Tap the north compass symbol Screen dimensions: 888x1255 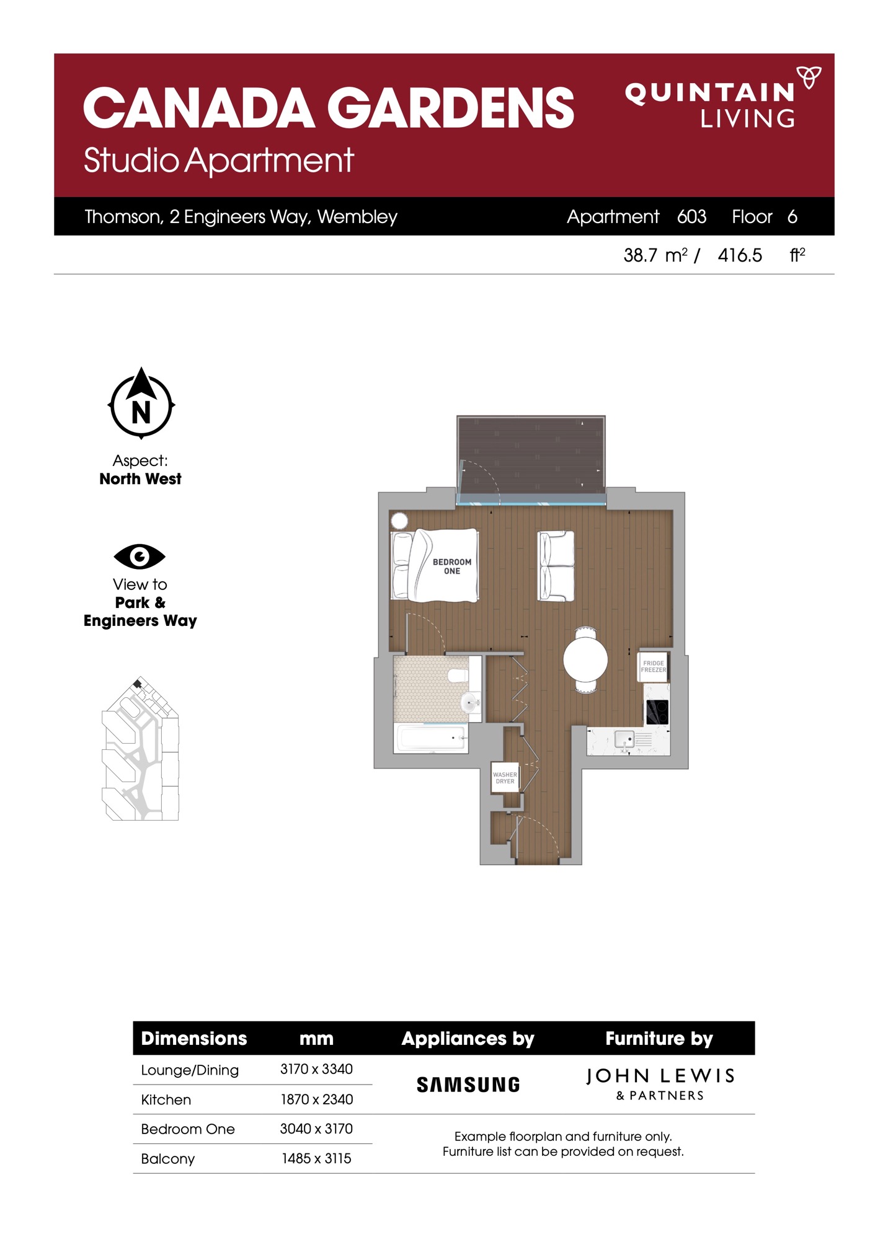(x=141, y=403)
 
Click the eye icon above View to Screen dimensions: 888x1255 (x=140, y=557)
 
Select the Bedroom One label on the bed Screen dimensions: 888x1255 (x=452, y=566)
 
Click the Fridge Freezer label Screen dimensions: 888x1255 (x=654, y=666)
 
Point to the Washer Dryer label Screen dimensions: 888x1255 (x=505, y=778)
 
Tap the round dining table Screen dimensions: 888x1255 (x=585, y=659)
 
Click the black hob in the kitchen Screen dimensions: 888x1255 (x=657, y=712)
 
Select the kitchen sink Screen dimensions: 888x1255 (x=624, y=739)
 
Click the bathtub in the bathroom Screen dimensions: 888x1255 (x=431, y=738)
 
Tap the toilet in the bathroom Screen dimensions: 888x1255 (x=459, y=675)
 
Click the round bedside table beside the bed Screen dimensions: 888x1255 (x=399, y=521)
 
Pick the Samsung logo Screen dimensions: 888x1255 (x=468, y=1085)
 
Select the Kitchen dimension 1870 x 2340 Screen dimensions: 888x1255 (x=317, y=1099)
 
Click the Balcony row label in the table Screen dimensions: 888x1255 (x=168, y=1159)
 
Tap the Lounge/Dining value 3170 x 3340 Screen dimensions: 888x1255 (x=317, y=1069)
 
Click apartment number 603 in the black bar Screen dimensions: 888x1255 (x=692, y=216)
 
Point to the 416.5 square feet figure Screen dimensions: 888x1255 (x=740, y=255)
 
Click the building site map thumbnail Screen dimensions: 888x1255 (x=141, y=749)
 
